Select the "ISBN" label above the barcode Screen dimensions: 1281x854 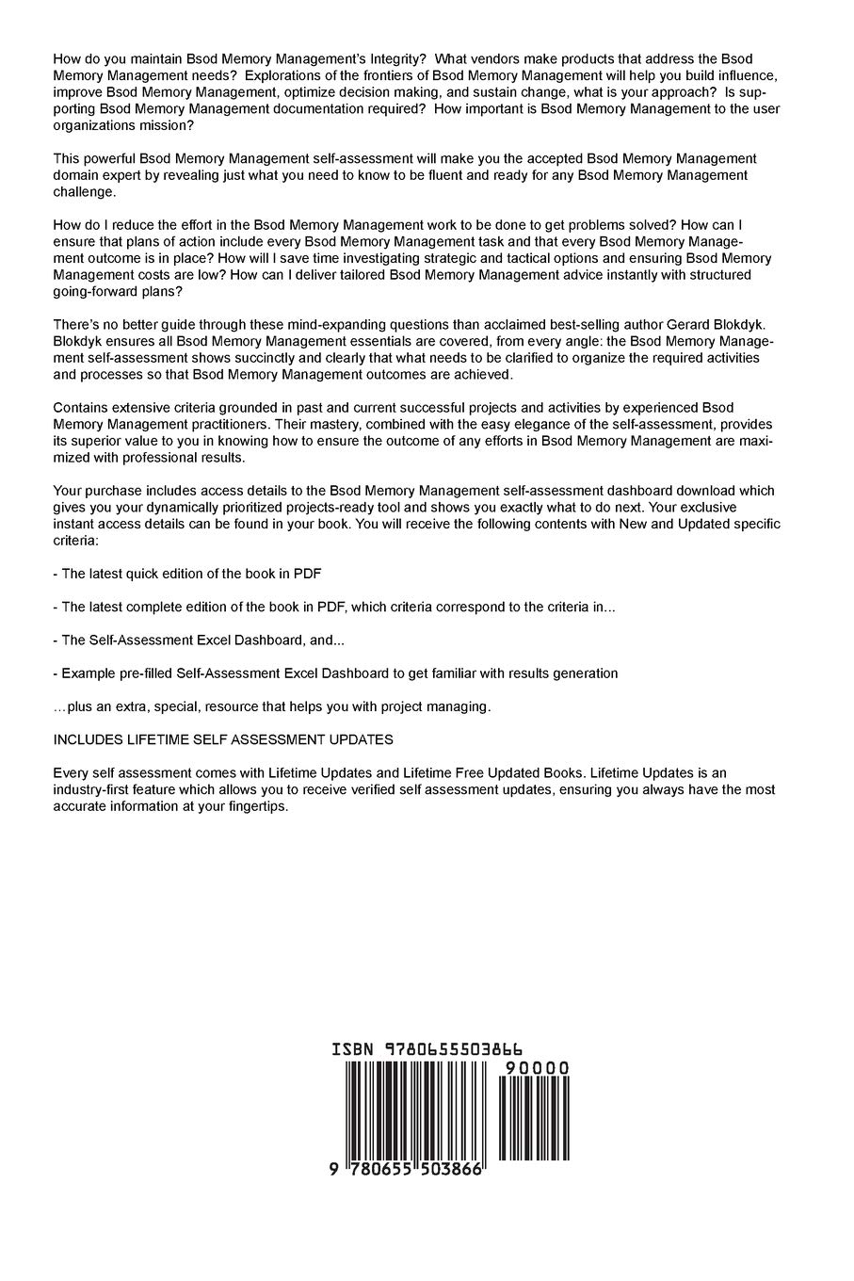tap(353, 1049)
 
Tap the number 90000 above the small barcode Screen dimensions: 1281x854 tap(536, 1068)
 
